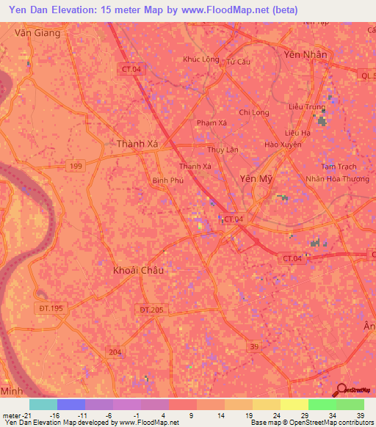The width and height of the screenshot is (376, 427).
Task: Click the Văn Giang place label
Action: [35, 33]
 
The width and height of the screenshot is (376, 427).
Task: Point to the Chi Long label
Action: [254, 112]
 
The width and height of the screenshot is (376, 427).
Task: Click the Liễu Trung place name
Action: [306, 106]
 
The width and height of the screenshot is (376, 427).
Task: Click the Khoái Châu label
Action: [139, 270]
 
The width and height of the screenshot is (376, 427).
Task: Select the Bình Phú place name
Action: [167, 180]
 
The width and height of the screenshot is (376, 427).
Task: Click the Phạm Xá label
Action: [211, 123]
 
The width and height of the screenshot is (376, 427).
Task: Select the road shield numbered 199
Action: [76, 167]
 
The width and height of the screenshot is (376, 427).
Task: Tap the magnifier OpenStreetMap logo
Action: [342, 390]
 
